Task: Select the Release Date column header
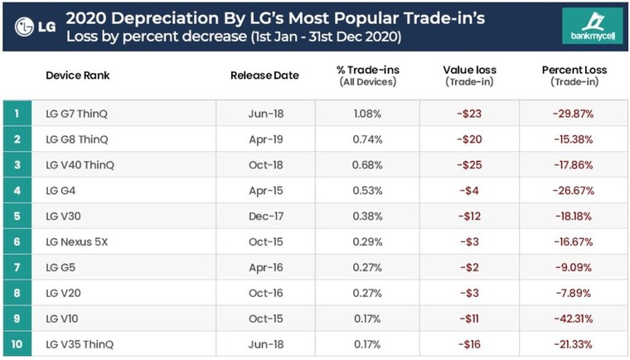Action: [x=264, y=75]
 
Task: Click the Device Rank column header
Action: [x=77, y=75]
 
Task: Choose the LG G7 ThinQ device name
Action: [x=77, y=114]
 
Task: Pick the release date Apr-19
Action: [x=265, y=139]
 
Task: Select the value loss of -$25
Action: [x=469, y=165]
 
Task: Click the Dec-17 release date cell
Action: [x=265, y=216]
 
